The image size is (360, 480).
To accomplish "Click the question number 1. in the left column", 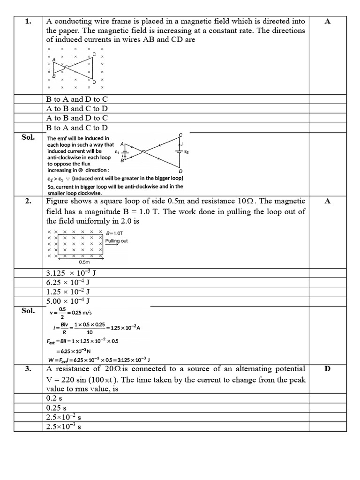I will coord(29,22).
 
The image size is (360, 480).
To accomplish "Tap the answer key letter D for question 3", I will coord(328,369).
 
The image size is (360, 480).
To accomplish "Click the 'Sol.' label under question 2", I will coord(29,310).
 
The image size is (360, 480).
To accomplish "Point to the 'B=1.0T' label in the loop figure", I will coord(115,233).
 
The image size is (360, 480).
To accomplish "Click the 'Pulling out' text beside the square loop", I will coord(116,241).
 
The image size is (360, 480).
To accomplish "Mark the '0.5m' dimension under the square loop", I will coord(84,262).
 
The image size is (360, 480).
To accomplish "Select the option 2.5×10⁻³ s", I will coord(64,427).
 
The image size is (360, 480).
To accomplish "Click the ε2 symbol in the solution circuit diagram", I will coord(187,152).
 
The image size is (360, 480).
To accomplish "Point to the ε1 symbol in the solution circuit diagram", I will coord(117,152).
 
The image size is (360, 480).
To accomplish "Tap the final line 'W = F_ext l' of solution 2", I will coord(99,360).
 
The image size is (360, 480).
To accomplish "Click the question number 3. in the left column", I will coord(29,369).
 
